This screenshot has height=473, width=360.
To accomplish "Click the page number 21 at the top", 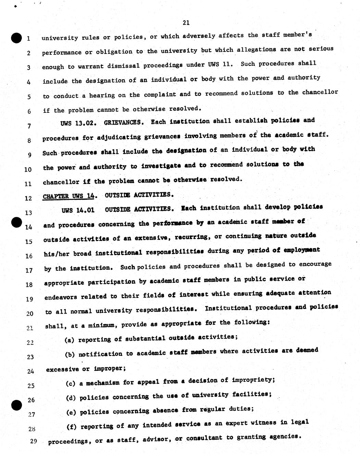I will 186,23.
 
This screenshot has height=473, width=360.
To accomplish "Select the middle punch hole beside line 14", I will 16,222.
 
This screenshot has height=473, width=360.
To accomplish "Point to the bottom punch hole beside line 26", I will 16,405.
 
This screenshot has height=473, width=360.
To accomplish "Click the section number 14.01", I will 86,210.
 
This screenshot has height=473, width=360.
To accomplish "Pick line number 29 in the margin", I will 33,441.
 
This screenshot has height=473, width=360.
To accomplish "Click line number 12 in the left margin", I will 28,198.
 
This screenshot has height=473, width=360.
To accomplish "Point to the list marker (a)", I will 70,340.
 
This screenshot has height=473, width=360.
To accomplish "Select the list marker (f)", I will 71,427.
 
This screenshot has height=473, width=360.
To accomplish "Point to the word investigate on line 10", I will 161,166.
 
